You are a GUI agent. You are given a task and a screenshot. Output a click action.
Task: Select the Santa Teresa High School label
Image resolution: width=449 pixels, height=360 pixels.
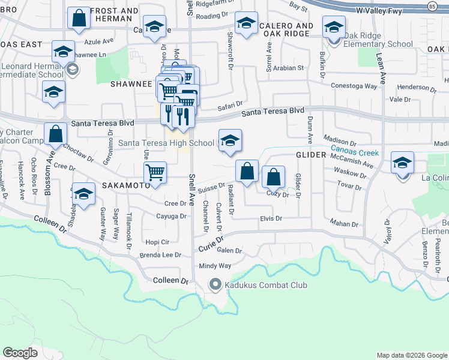[x=166, y=143]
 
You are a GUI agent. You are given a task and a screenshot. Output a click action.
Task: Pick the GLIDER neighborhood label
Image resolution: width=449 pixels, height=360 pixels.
[x=310, y=155]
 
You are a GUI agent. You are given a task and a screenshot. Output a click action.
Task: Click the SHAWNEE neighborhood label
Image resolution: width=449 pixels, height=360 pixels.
[x=131, y=84]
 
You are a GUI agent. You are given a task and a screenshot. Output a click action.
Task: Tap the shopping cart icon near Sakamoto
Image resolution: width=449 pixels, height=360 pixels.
[x=155, y=173]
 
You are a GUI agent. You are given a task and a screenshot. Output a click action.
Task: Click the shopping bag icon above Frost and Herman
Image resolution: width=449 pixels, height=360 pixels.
[x=79, y=19]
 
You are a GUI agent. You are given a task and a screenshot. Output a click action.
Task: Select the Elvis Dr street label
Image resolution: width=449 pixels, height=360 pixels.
[x=271, y=219]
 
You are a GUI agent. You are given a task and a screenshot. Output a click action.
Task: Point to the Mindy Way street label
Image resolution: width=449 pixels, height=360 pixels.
[x=215, y=266]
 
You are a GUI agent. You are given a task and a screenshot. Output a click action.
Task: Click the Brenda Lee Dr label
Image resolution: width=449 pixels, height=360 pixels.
[x=160, y=255]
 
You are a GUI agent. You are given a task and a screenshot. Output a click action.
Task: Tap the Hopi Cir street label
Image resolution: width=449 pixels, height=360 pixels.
[x=157, y=242]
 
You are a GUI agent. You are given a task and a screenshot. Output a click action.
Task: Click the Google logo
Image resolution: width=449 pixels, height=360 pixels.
[x=20, y=353]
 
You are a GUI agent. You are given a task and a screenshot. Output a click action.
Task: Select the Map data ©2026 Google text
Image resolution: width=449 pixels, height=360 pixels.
[x=411, y=355]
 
